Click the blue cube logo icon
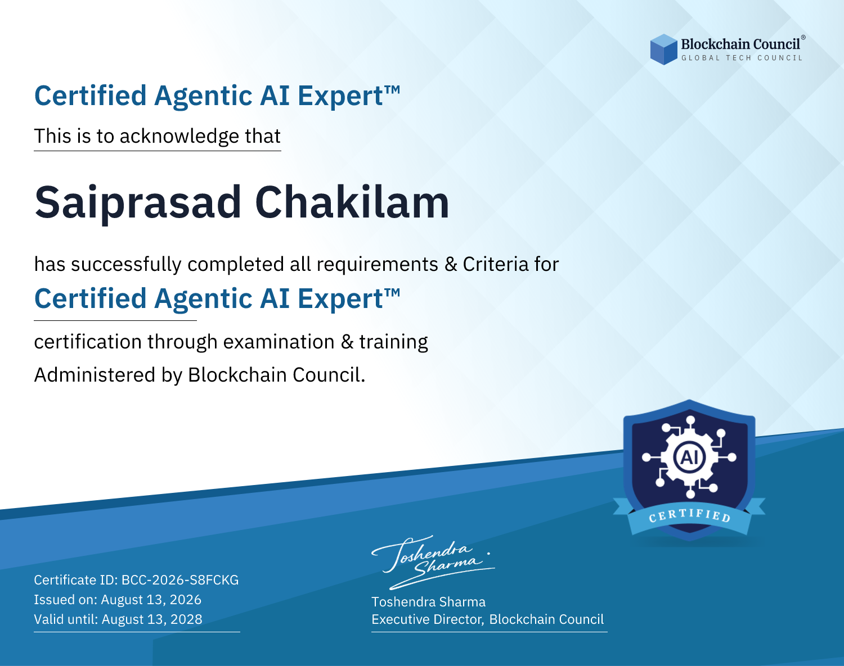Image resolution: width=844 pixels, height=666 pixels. (x=663, y=49)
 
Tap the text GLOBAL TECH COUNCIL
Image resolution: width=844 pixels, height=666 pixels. (x=742, y=58)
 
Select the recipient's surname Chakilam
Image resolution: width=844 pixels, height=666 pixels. (x=352, y=202)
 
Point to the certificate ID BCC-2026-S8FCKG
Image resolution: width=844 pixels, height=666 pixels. (x=180, y=580)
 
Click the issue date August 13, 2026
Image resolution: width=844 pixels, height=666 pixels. (x=151, y=600)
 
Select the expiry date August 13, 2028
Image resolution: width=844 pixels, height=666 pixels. (x=152, y=619)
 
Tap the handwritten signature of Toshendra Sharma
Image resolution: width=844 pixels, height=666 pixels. (x=433, y=562)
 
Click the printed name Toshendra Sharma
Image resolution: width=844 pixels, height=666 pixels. (x=428, y=602)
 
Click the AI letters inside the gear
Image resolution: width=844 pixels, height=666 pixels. (x=689, y=457)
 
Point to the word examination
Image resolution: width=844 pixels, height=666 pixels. (x=279, y=342)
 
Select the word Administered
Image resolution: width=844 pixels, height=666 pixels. (x=95, y=375)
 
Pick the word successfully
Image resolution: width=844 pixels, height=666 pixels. (x=126, y=265)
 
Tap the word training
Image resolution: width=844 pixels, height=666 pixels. (x=394, y=342)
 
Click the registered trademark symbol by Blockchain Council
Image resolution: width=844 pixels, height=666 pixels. (x=803, y=38)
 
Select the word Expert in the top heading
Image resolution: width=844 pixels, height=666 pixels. (x=340, y=96)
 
